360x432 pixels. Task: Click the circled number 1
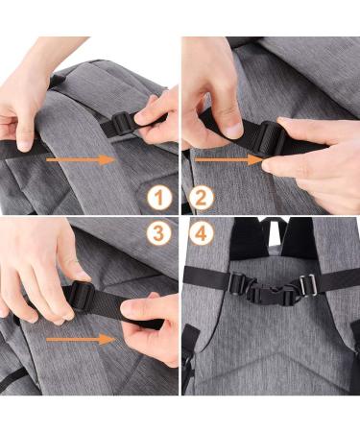coord(159,199)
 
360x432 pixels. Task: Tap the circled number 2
coord(201,199)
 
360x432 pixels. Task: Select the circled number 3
coord(159,232)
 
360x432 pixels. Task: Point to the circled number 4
coord(201,232)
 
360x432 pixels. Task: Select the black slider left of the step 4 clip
coord(236,284)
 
